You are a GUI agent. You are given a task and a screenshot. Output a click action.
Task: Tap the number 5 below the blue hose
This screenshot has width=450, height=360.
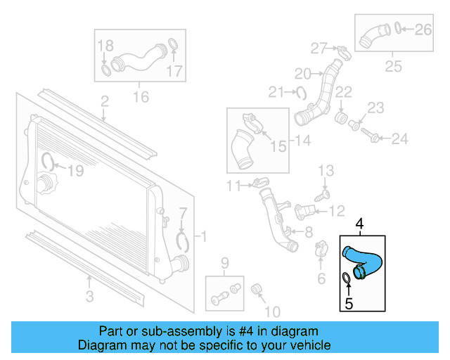click(x=348, y=304)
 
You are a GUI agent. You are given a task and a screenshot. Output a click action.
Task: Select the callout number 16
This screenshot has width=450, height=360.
click(x=141, y=96)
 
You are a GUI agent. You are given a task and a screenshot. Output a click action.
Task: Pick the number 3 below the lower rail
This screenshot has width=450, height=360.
click(x=89, y=297)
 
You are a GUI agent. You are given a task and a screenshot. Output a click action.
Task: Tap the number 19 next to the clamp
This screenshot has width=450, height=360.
click(x=75, y=169)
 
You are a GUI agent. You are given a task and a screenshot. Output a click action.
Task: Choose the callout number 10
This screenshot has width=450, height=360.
click(x=271, y=310)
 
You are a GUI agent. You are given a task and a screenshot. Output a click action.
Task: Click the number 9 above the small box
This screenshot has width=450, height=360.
click(x=225, y=264)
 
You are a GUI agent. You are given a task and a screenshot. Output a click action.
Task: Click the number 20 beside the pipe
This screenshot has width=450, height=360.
click(x=302, y=73)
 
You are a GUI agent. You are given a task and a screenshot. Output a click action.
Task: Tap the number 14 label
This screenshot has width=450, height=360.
click(x=302, y=141)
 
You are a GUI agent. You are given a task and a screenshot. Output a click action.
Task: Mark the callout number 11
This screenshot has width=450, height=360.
click(x=233, y=186)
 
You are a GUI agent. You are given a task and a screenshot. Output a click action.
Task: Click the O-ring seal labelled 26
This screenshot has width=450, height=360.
click(x=398, y=29)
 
